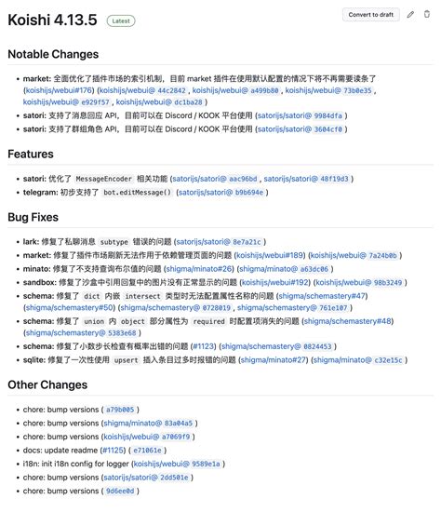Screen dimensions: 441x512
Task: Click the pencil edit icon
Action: (410, 15)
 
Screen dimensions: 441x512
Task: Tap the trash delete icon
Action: (428, 15)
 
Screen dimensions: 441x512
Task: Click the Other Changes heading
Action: (47, 384)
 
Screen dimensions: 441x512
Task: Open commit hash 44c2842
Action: (171, 91)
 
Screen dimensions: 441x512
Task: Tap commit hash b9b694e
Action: (244, 192)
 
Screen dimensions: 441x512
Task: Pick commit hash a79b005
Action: (120, 409)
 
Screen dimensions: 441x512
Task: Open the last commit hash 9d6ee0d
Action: (120, 491)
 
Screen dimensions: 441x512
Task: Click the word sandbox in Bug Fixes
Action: (40, 281)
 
